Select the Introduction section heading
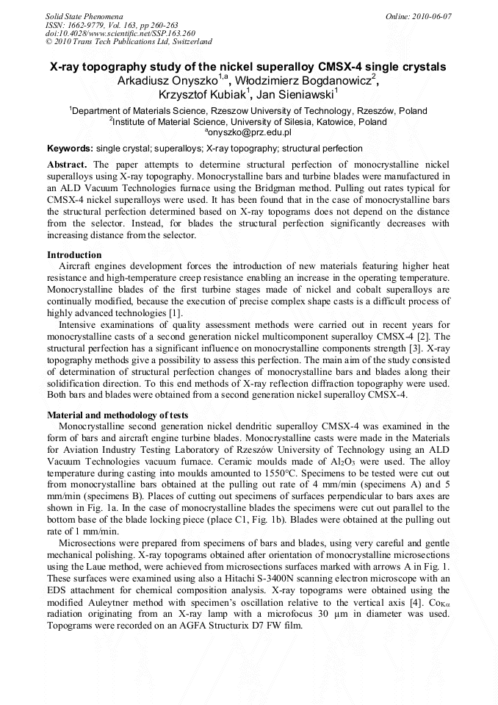click(x=74, y=255)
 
